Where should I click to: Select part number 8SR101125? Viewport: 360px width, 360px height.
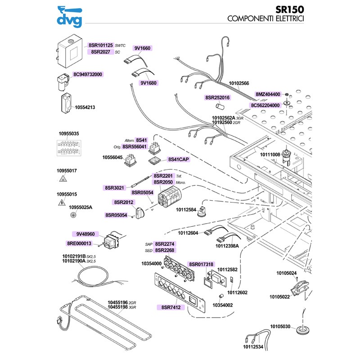point(100,45)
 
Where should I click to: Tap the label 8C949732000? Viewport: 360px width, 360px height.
point(88,74)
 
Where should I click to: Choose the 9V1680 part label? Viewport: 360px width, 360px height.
point(148,83)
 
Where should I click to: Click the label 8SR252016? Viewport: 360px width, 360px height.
point(217,97)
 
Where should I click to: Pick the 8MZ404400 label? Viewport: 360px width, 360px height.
point(268,94)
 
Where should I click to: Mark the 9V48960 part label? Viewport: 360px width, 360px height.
point(85,234)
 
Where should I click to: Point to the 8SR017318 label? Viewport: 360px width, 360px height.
point(201,264)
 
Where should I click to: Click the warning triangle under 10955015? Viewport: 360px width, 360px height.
point(61,202)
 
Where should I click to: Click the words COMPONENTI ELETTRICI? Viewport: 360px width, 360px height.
point(265,19)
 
